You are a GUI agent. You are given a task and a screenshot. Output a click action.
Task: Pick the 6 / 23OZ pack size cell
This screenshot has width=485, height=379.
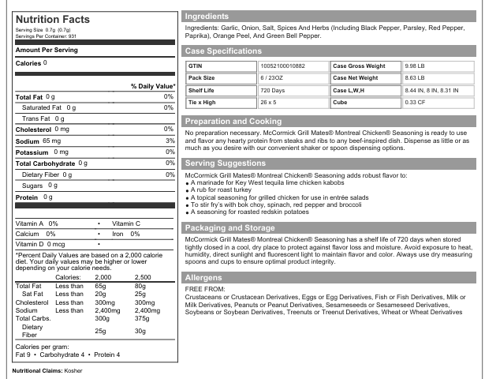(273, 79)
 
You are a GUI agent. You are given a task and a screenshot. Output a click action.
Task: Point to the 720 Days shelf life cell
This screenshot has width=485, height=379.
(272, 91)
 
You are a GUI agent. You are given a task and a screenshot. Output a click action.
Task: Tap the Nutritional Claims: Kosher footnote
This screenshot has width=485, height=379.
(47, 370)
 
